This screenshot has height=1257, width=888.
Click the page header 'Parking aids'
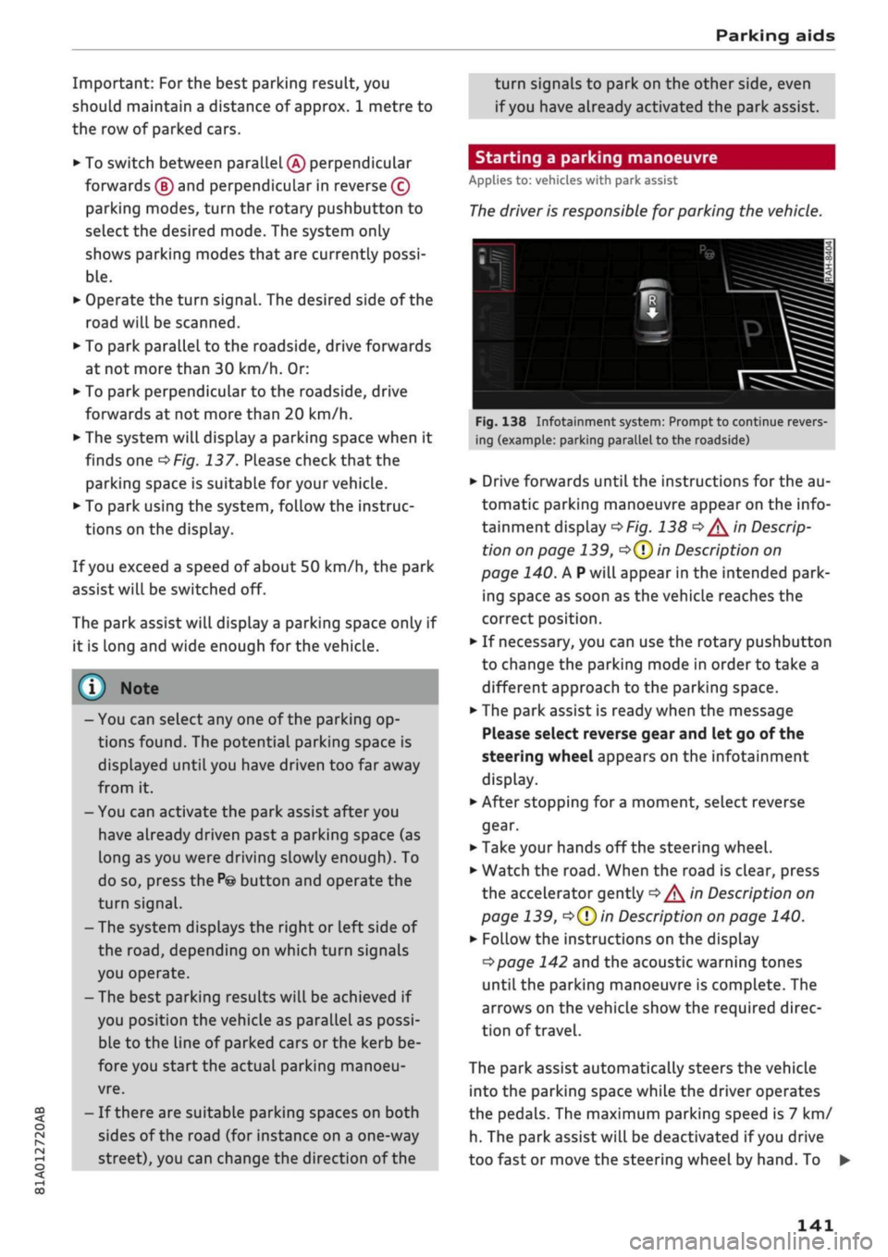[774, 36]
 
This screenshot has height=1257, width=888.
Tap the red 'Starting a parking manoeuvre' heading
[596, 157]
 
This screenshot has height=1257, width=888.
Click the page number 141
[814, 1225]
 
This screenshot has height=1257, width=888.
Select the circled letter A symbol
[295, 163]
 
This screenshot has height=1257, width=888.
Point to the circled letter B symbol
[164, 186]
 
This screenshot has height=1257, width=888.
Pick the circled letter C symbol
[400, 186]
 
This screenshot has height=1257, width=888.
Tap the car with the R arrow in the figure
[651, 308]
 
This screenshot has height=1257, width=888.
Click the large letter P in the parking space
[753, 333]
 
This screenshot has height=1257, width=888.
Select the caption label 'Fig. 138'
[500, 422]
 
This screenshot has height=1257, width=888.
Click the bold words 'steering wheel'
[536, 756]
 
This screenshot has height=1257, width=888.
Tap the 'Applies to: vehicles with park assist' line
[573, 180]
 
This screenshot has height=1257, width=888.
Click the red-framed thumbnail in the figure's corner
[495, 268]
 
